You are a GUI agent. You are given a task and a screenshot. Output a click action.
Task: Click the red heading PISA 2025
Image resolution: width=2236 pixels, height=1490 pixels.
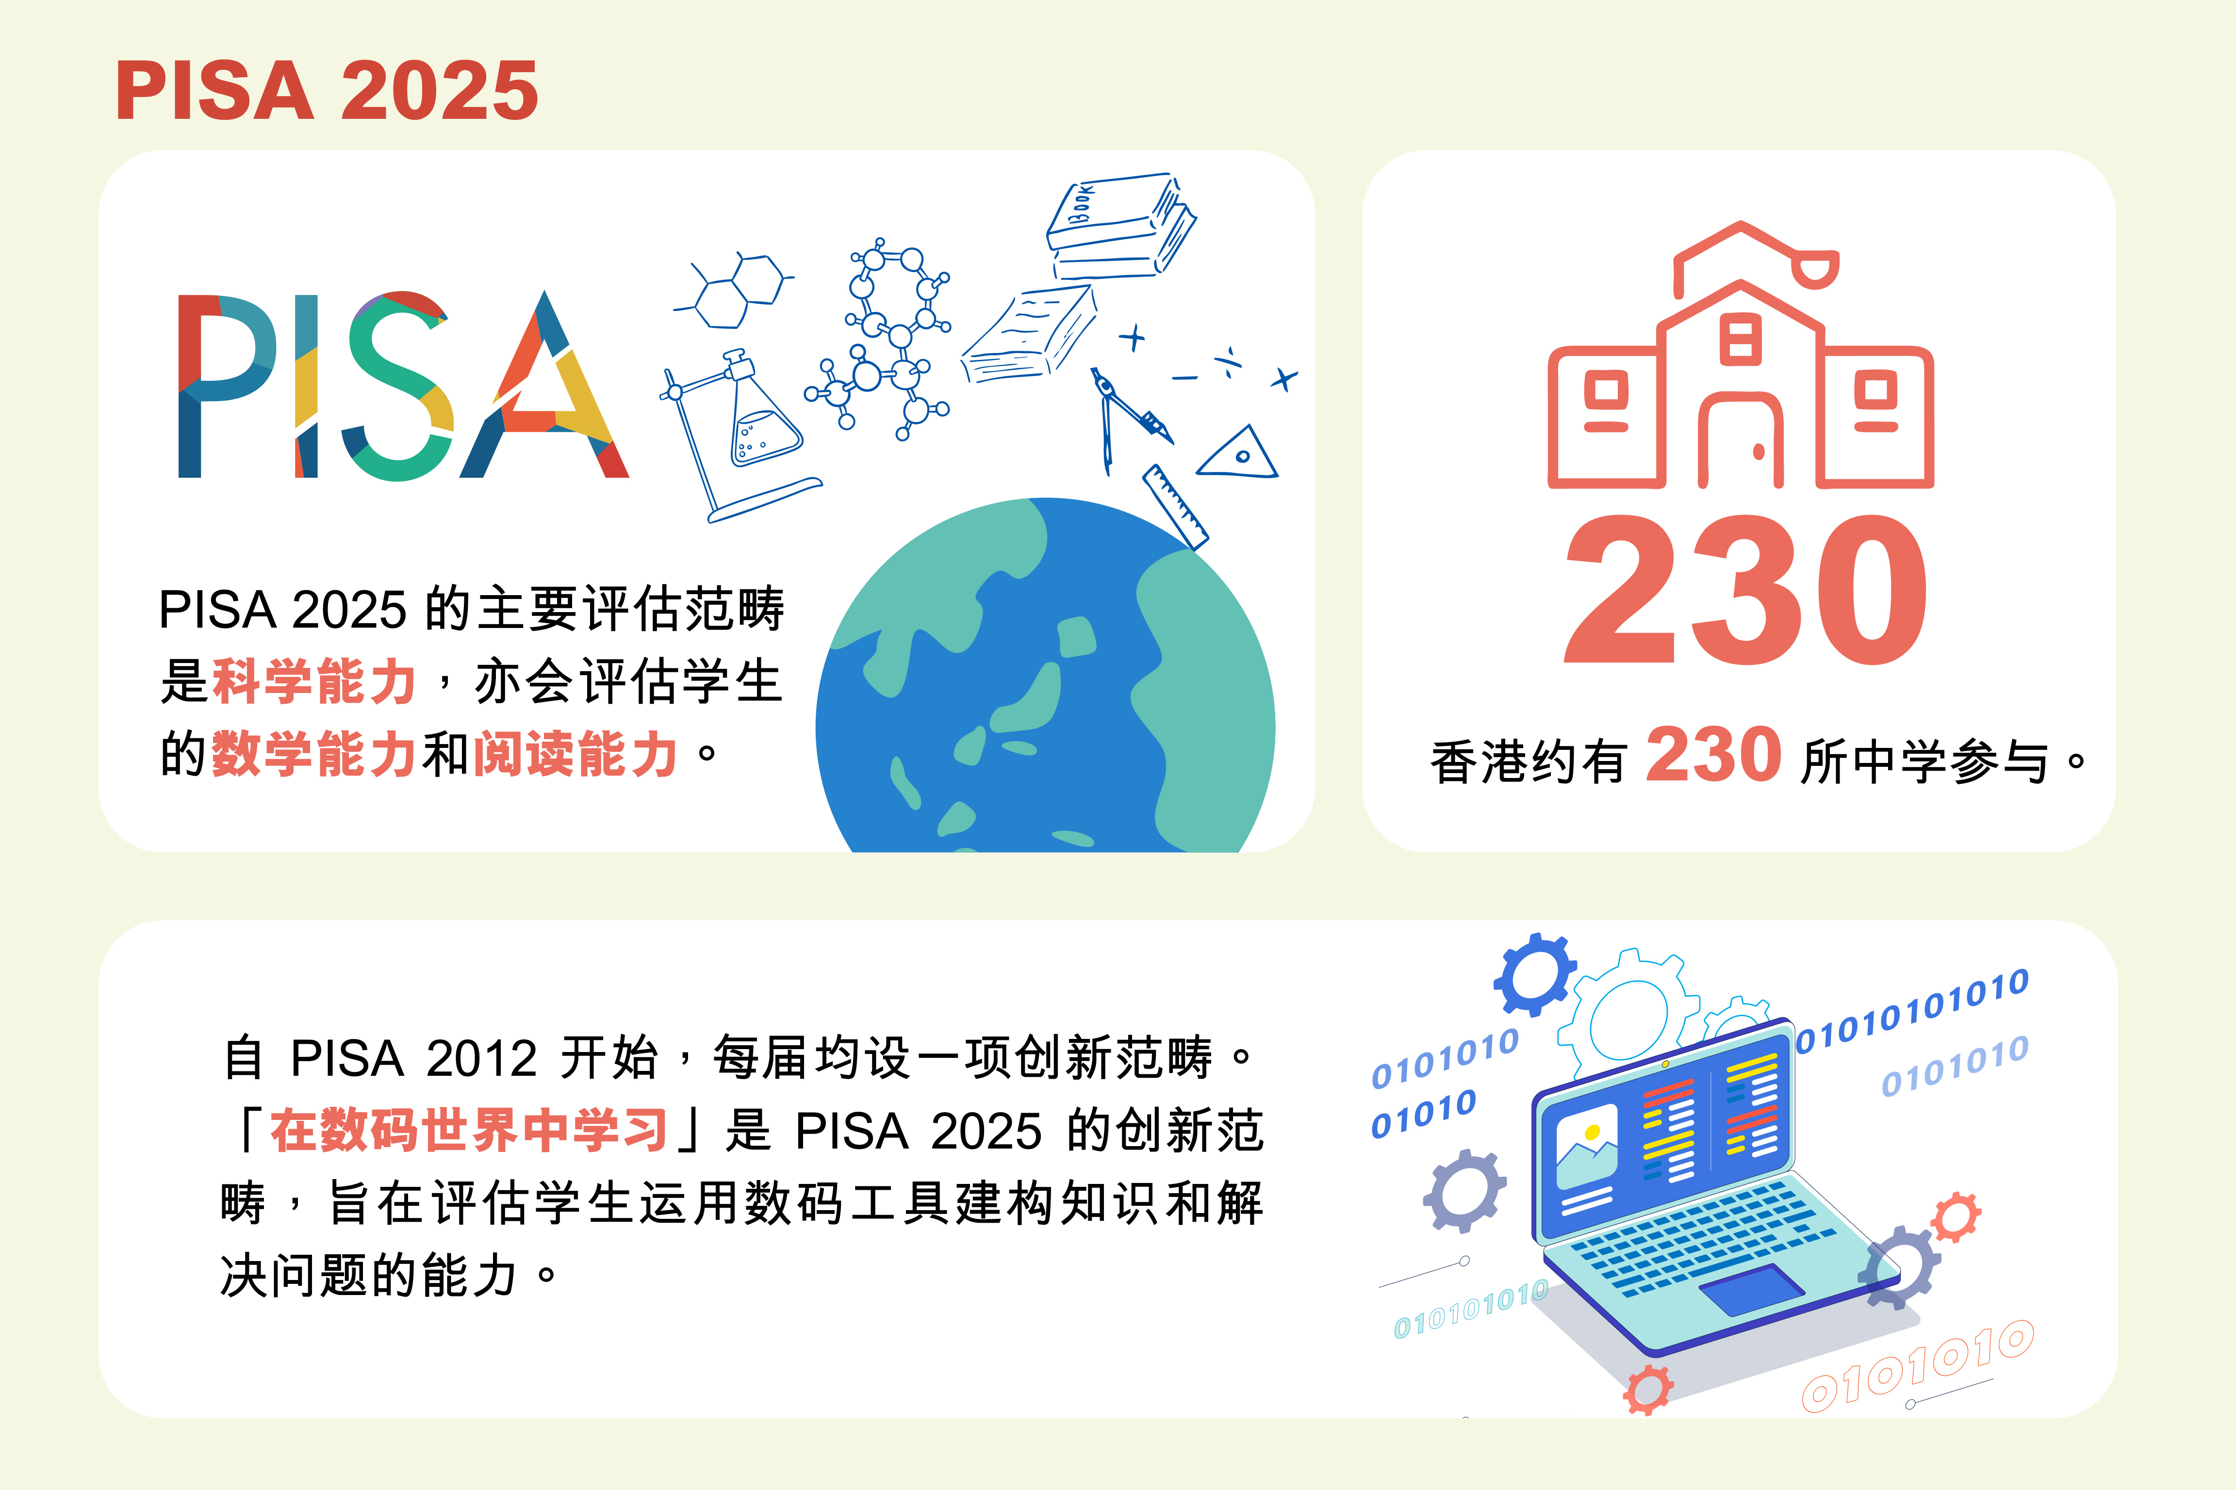coord(327,90)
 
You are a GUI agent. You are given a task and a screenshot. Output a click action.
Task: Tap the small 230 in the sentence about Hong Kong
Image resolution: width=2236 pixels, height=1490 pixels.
coord(1713,756)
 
